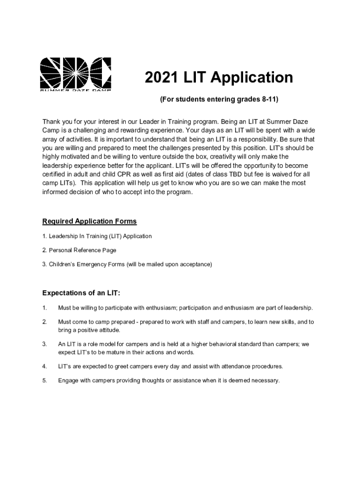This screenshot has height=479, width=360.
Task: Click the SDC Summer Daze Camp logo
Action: coord(75,74)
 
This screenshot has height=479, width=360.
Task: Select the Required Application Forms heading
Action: coord(89,221)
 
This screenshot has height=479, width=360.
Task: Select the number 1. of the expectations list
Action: coord(44,308)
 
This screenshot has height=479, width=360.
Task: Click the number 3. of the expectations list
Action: coord(44,344)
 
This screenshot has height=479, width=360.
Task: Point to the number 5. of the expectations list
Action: coord(44,380)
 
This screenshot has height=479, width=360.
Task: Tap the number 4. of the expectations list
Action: coord(44,366)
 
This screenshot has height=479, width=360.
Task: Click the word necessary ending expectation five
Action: coord(265,380)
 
